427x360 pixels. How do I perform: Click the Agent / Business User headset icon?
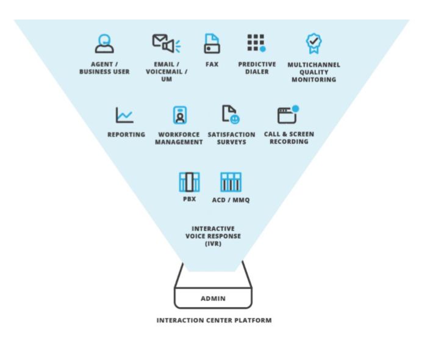click(x=104, y=43)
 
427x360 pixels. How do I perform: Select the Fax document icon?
click(x=212, y=43)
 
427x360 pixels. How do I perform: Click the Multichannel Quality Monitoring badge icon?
click(x=314, y=43)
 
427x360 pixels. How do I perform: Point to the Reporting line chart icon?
click(x=125, y=114)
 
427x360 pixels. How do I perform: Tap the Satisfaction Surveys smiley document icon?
click(x=229, y=114)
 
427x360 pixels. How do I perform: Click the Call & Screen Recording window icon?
click(x=287, y=114)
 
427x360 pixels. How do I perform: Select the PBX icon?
click(x=189, y=182)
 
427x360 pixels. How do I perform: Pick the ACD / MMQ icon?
click(x=231, y=182)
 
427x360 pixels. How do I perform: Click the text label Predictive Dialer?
click(x=257, y=68)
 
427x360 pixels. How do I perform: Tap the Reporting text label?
click(x=126, y=134)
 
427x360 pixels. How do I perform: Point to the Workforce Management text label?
click(x=179, y=138)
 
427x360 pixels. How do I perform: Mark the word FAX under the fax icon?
click(x=212, y=64)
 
